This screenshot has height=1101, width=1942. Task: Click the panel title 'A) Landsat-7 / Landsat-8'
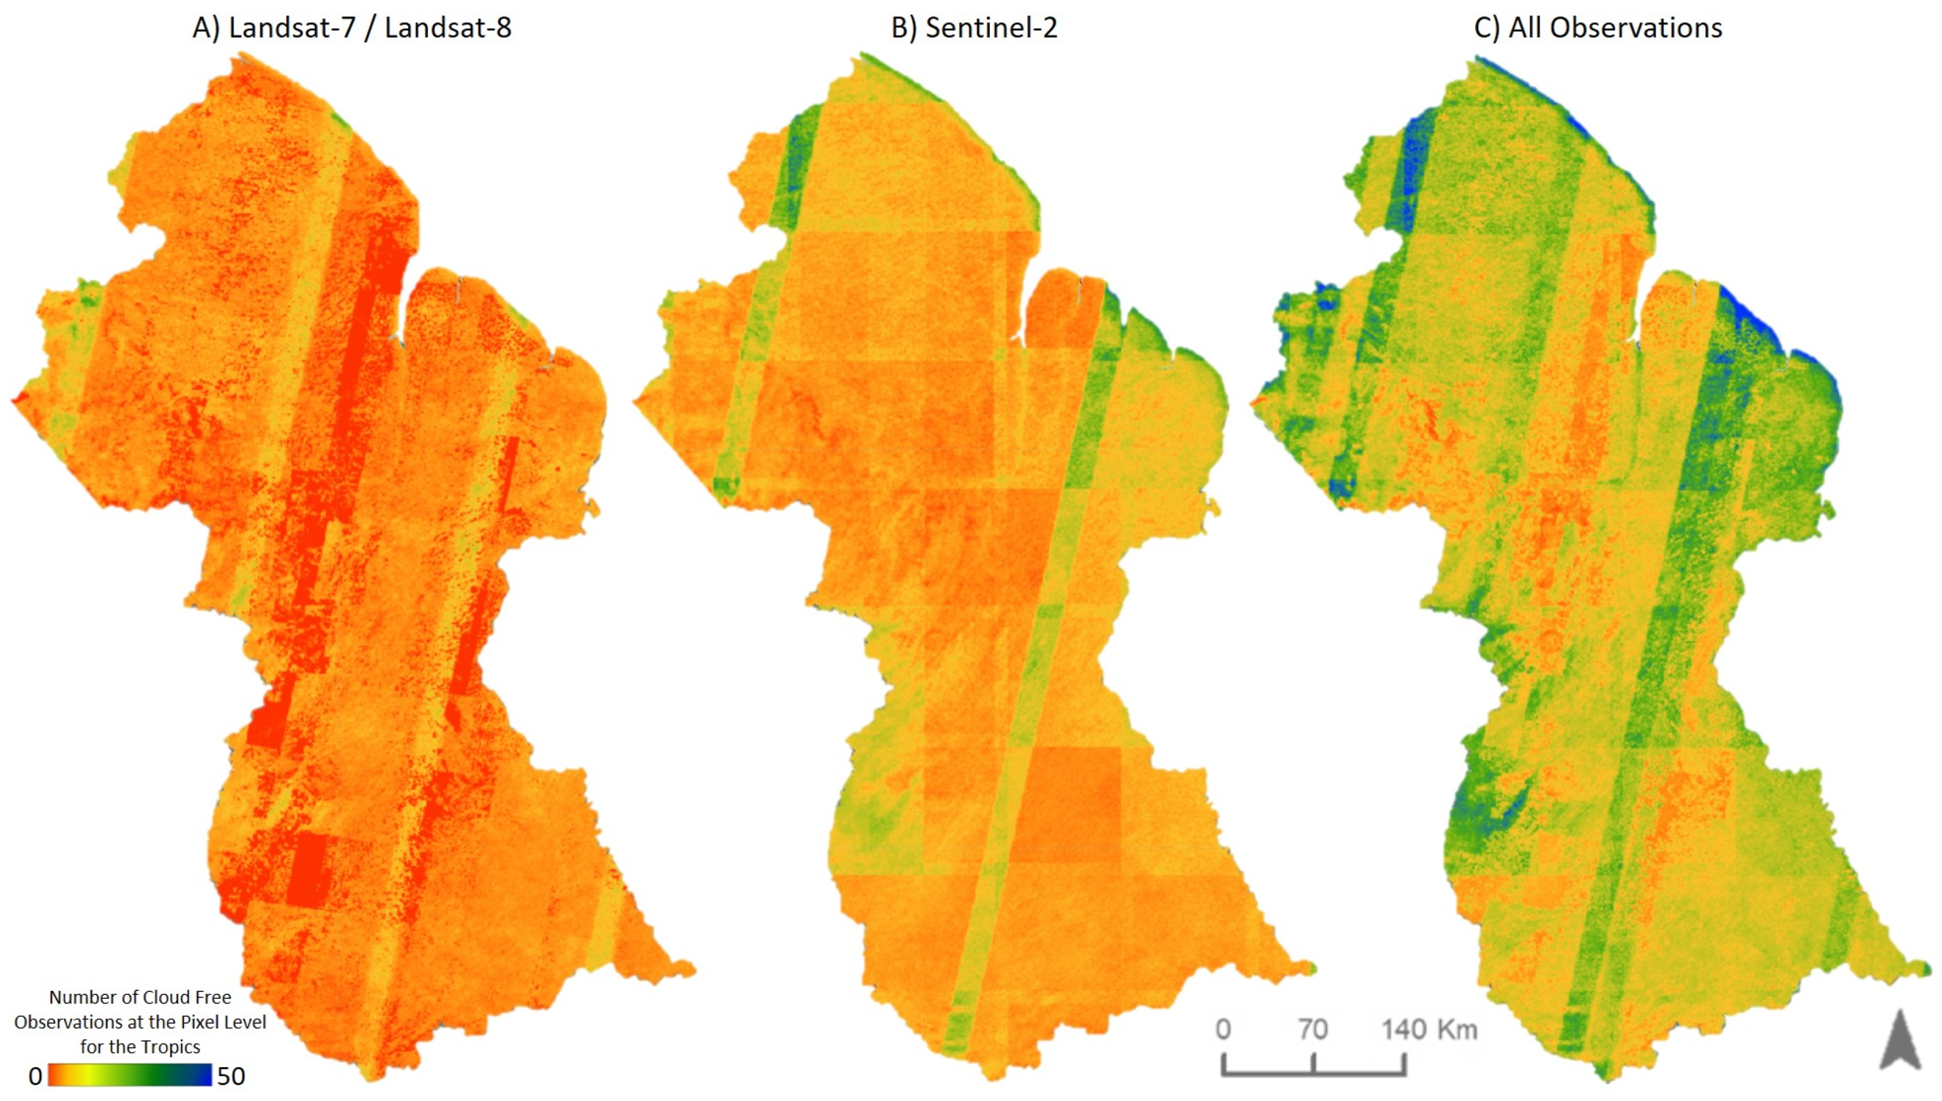[x=352, y=28]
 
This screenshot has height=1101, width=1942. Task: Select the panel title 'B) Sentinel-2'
[x=974, y=28]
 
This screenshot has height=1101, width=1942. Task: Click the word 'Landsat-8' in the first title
[x=448, y=28]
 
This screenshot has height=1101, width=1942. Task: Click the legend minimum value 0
[x=35, y=1076]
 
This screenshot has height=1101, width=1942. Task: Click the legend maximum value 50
[x=231, y=1076]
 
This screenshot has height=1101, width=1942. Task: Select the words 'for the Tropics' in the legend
[x=140, y=1047]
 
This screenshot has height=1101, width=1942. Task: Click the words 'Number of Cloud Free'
[x=140, y=997]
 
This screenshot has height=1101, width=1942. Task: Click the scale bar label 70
[x=1313, y=1029]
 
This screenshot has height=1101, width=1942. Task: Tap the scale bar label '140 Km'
[x=1429, y=1029]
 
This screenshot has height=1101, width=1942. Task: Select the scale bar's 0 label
[x=1223, y=1029]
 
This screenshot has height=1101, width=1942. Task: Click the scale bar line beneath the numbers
[x=1314, y=1073]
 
